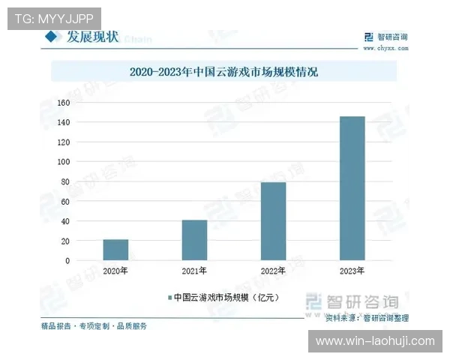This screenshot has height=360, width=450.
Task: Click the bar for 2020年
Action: [x=115, y=250]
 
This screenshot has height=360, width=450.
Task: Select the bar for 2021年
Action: [x=194, y=240]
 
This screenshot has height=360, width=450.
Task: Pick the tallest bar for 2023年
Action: [x=352, y=188]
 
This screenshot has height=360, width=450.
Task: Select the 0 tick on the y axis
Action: [x=67, y=261]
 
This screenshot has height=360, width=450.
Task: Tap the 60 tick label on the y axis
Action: [x=64, y=202]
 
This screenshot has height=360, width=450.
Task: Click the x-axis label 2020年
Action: [x=115, y=271]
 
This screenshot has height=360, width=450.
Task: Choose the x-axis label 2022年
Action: [x=273, y=271]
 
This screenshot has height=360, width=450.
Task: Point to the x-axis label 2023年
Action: [x=352, y=271]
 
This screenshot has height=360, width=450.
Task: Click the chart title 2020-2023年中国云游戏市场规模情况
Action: [x=223, y=72]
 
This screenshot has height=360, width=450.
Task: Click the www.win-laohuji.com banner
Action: [x=374, y=341]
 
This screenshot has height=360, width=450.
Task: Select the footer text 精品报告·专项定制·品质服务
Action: [x=94, y=325]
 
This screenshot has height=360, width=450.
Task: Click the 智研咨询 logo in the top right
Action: [x=385, y=36]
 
